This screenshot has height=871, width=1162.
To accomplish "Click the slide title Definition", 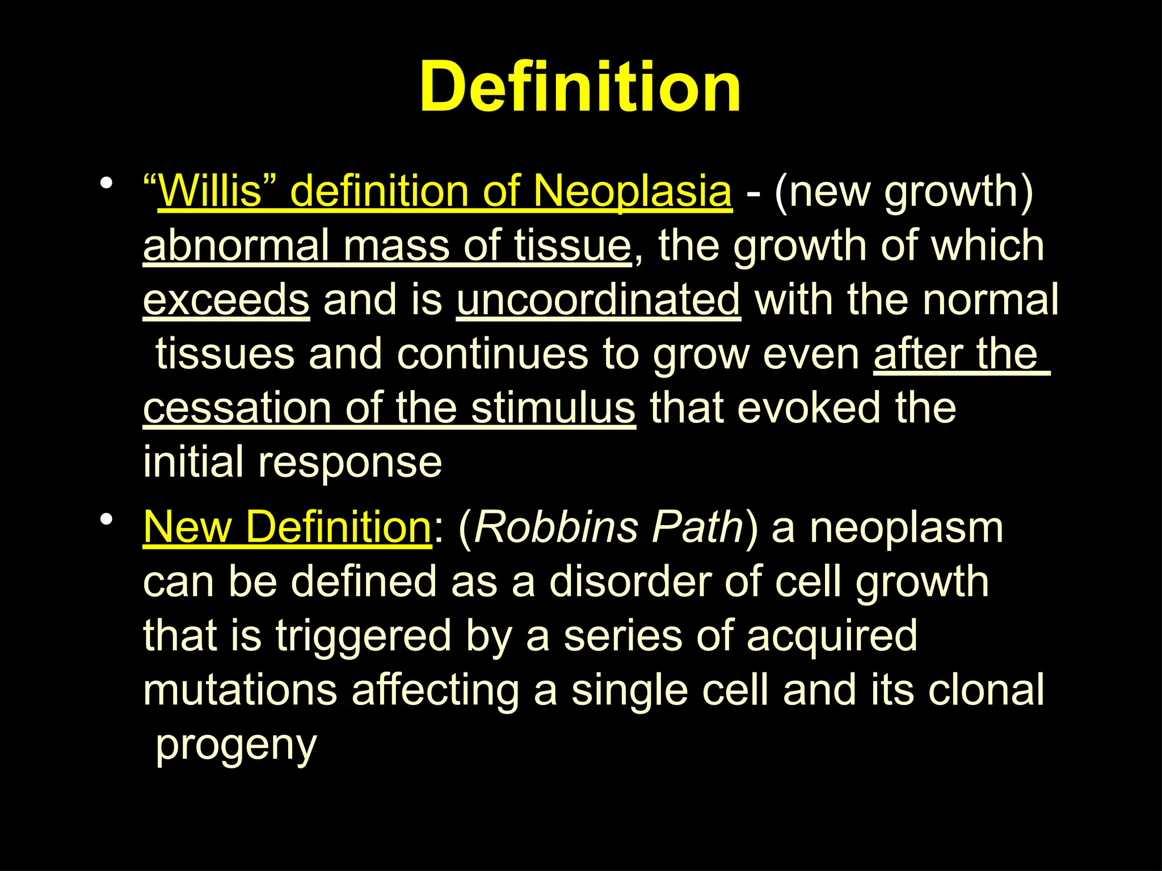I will [x=580, y=88].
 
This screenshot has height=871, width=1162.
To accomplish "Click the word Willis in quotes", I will [x=210, y=191].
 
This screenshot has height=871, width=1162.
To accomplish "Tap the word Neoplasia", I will [x=632, y=191].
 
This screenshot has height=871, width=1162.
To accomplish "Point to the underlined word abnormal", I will [x=235, y=246].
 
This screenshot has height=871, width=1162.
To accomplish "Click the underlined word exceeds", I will [x=226, y=300].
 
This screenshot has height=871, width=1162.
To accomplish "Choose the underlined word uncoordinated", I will [x=598, y=300].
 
